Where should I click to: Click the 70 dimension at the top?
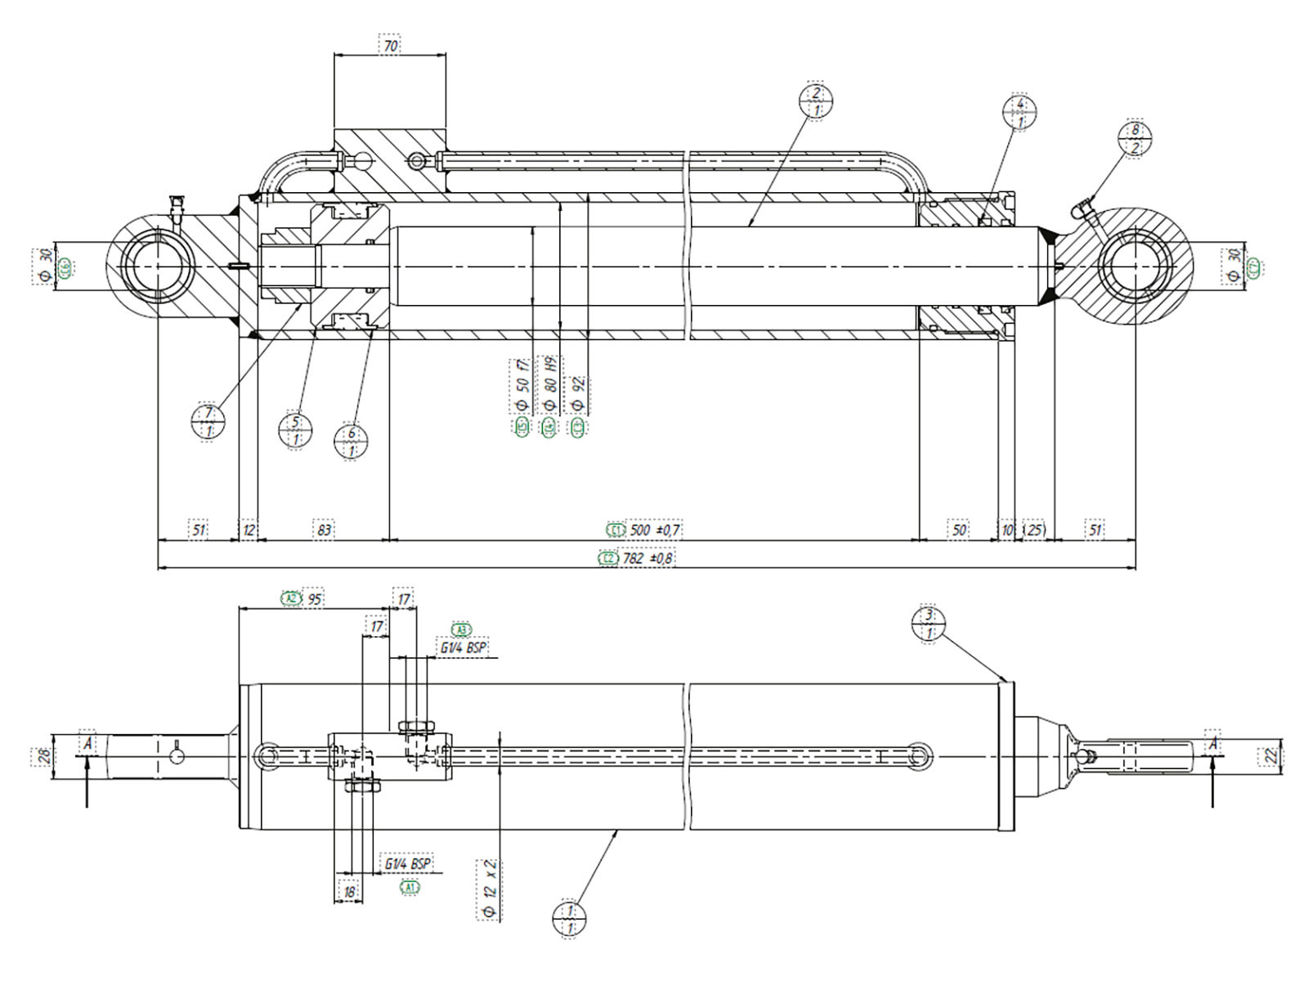[x=391, y=46]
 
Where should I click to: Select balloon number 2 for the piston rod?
[x=816, y=101]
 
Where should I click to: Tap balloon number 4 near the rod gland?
[x=1019, y=113]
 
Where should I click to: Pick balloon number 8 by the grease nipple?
[x=1135, y=139]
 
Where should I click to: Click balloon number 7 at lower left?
[x=208, y=422]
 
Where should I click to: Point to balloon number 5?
[x=296, y=430]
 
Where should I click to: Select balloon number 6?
[x=352, y=442]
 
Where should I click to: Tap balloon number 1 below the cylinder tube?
[x=570, y=919]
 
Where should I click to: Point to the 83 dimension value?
[x=325, y=530]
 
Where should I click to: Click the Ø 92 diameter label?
[x=578, y=393]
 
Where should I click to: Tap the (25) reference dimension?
[x=1035, y=530]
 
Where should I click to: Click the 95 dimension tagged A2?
[x=314, y=599]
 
